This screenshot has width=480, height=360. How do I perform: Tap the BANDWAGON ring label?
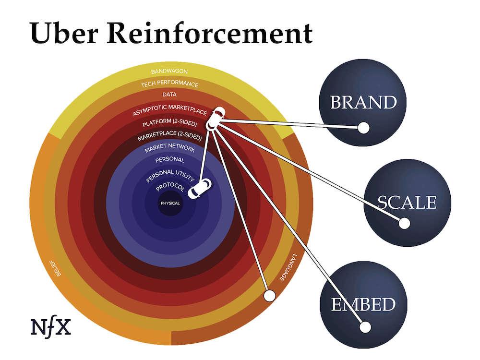[x=169, y=72]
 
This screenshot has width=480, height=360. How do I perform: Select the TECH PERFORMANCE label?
[x=169, y=84]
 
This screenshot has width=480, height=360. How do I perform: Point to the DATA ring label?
[x=169, y=95]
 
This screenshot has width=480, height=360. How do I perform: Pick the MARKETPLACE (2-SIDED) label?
[x=169, y=137]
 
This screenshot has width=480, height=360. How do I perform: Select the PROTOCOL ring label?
[x=170, y=187]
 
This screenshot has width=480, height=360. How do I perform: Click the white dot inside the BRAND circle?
[x=364, y=128]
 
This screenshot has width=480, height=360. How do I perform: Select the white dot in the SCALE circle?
[x=404, y=223]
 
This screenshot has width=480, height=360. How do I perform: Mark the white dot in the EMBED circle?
[x=365, y=327]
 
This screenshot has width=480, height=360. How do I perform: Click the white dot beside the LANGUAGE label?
[x=269, y=294]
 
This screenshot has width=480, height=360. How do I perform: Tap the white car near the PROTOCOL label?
[x=199, y=188]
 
